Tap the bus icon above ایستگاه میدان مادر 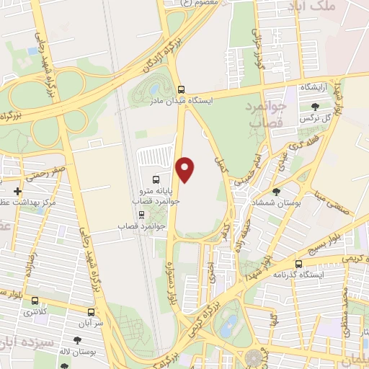coord(182,90)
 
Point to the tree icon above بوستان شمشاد coord(277,192)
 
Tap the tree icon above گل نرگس coord(314,107)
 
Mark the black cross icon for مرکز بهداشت coord(18,192)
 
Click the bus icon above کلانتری coord(34,301)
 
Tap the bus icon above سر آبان coord(90,313)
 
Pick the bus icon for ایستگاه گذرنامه coord(299,264)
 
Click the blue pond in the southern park coord(228,326)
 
